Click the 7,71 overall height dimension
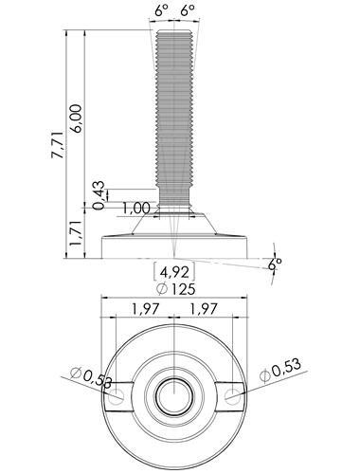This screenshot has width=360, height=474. pos(59,144)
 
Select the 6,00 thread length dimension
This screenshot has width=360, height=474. pos(77,118)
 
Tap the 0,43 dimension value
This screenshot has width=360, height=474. pos(99,195)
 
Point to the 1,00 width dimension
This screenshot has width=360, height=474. pos(136,209)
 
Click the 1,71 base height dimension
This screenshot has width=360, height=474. pos(77,233)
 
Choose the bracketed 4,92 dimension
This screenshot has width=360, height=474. pos(174,272)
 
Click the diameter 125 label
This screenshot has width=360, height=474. pos(176,289)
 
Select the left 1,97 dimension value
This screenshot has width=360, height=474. pos(146,309)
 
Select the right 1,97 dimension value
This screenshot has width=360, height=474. pos(203,309)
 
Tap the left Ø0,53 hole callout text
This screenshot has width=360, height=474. pos(91,376)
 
